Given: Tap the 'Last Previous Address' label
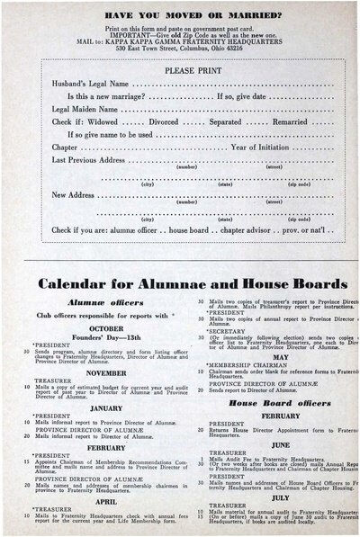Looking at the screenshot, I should [x=88, y=159].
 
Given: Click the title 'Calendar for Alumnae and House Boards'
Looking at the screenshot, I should [x=193, y=283].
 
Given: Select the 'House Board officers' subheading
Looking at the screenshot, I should [x=280, y=402].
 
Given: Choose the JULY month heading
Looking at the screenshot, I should [x=280, y=497].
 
